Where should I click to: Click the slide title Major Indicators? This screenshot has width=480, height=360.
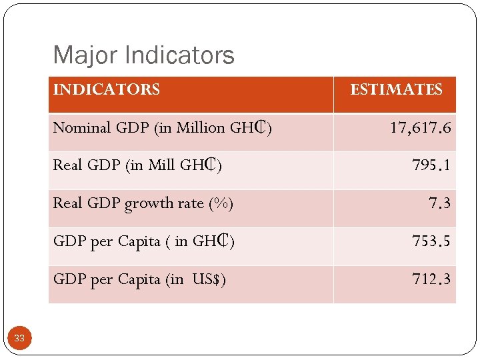[143, 55]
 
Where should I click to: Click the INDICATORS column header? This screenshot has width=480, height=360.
[106, 89]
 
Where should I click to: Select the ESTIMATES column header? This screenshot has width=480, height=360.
[396, 89]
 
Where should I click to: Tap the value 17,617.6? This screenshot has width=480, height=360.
[420, 127]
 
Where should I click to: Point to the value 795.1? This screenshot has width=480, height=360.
[431, 165]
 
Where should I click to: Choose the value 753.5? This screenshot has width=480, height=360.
[431, 241]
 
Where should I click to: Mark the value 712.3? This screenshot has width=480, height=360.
[431, 279]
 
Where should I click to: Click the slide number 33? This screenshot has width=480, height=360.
[19, 339]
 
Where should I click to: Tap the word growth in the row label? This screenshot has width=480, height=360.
[147, 203]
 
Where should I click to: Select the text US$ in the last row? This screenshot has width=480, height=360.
[209, 279]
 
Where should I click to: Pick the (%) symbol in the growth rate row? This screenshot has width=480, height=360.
[221, 203]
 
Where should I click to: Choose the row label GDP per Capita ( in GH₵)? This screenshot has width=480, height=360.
[143, 241]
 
